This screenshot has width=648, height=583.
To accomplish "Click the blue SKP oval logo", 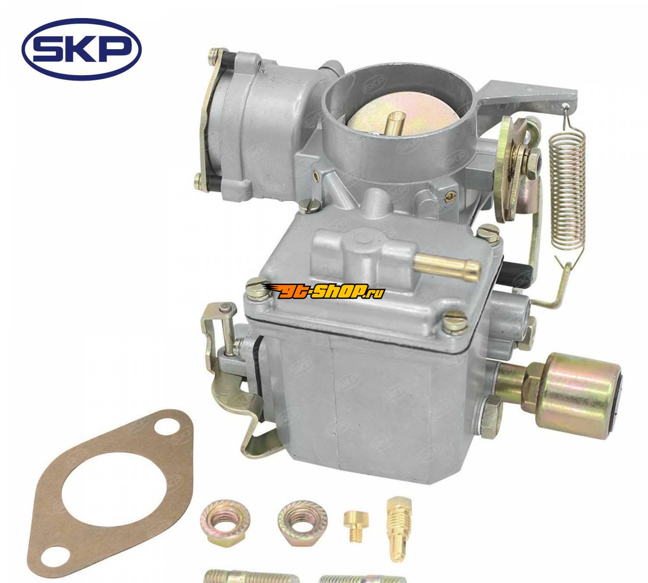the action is [x=81, y=49].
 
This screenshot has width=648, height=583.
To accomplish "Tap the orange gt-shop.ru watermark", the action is [x=324, y=291].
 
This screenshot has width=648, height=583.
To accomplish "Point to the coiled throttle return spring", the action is [x=568, y=190].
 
